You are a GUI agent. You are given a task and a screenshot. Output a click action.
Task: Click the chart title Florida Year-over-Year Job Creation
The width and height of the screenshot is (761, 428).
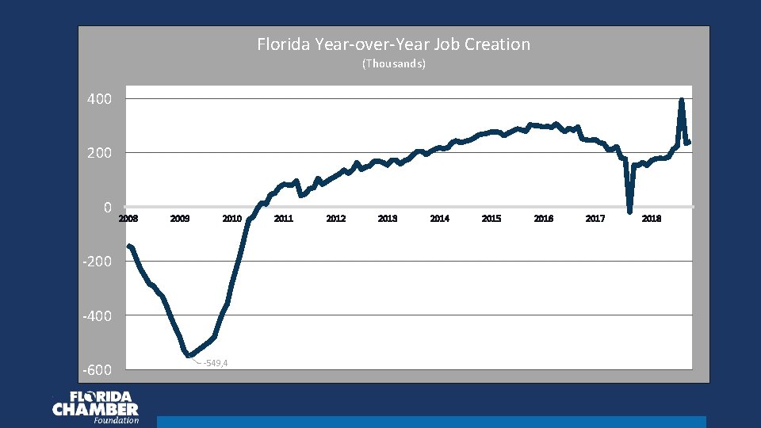393,44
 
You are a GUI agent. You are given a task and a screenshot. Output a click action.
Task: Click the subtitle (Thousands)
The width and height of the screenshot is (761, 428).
393,63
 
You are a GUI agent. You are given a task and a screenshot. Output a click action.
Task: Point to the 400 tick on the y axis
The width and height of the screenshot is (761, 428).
99,99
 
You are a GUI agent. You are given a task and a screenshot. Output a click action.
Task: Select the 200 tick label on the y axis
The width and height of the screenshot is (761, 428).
99,153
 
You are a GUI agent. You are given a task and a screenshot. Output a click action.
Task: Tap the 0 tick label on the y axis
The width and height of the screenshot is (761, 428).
106,208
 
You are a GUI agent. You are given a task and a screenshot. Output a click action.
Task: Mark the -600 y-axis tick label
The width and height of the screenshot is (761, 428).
97,371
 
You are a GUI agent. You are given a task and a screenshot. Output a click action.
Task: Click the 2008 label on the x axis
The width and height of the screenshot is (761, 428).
128,218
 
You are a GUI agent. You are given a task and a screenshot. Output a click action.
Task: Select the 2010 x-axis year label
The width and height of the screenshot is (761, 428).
231,218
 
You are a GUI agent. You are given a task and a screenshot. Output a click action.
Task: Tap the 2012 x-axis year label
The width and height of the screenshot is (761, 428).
335,218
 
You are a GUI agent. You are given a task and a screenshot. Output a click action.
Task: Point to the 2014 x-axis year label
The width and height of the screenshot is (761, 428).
439,218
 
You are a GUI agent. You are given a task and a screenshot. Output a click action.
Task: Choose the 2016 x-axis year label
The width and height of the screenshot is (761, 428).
543,218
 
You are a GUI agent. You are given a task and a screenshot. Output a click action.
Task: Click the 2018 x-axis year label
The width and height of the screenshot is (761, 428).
652,218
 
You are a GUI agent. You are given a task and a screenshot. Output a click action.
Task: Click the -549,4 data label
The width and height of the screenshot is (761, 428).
216,363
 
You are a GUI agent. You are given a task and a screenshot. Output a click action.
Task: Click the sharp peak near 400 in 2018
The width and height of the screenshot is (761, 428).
682,100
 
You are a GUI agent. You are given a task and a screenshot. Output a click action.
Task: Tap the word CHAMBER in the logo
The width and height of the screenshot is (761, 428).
95,409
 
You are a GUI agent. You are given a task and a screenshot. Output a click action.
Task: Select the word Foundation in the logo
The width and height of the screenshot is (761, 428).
116,421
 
